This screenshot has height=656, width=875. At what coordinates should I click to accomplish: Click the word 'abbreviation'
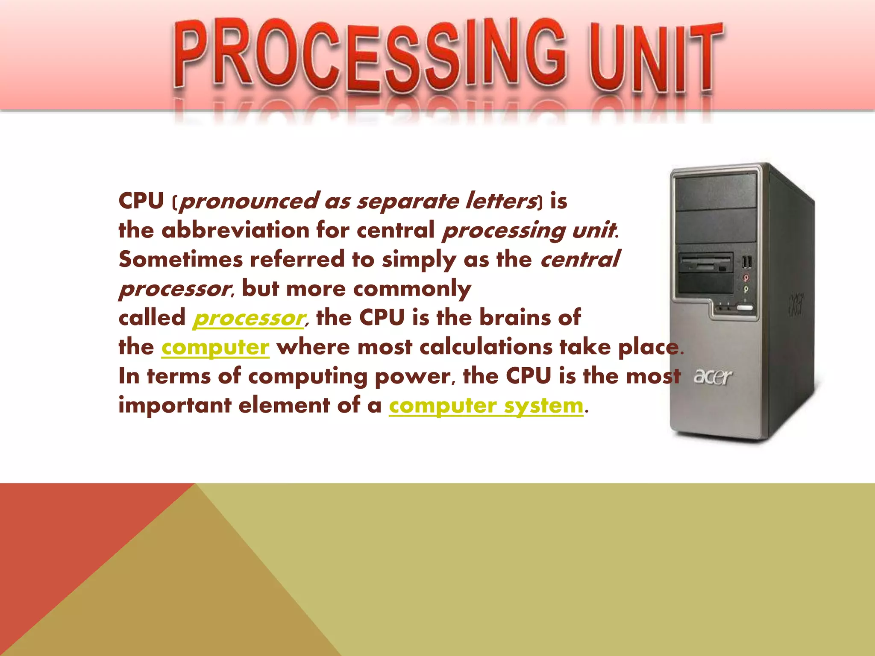coord(235,231)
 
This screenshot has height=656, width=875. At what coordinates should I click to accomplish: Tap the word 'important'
coord(174,405)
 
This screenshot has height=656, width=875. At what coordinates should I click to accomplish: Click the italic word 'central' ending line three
coord(580,260)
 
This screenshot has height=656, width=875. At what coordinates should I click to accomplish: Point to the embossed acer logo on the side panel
coord(796,305)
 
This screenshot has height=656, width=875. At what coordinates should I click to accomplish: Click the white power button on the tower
coord(745,308)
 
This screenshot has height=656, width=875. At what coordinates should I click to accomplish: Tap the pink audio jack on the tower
coord(746,278)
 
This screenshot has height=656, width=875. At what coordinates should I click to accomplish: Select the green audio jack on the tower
coord(746,289)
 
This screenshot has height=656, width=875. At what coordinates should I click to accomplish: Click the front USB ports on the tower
coord(747,261)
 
